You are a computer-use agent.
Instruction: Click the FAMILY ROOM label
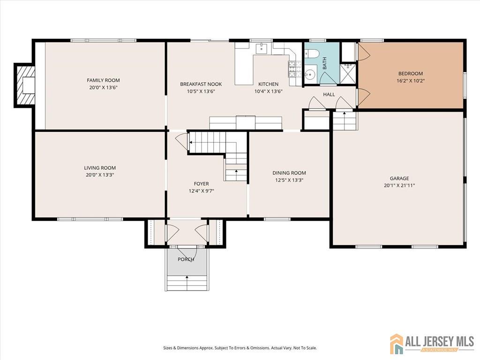point(103,80)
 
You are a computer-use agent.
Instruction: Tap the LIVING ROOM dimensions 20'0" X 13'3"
point(100,175)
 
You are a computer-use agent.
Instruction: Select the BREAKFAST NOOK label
point(201,84)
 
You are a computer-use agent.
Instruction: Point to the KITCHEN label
point(269,84)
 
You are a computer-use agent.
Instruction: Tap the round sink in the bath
point(310,74)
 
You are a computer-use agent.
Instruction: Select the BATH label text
point(324,63)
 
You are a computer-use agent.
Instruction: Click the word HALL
point(329,94)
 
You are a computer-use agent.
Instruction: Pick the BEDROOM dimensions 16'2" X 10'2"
point(411,81)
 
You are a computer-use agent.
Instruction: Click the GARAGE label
point(399,178)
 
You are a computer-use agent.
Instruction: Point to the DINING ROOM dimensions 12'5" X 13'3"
point(289,180)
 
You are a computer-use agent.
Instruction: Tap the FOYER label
point(201,184)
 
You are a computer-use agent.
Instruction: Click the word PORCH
point(186,259)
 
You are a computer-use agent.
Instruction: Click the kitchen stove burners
point(292,69)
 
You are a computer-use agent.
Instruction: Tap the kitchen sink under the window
point(262,48)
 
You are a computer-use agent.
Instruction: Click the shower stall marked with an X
point(348,74)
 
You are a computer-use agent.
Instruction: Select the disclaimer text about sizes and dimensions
point(240,348)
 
